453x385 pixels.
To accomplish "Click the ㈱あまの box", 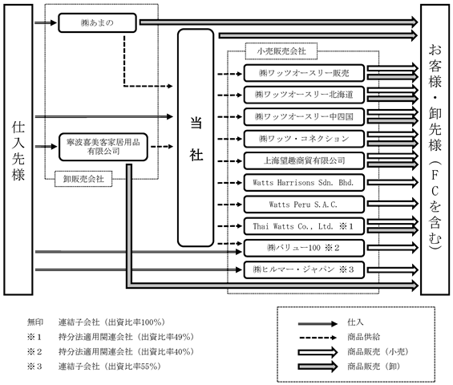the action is [97, 22].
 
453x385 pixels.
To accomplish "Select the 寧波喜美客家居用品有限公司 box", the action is [103, 147].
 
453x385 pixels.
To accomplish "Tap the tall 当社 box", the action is [196, 138].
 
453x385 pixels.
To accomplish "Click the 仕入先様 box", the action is [18, 150].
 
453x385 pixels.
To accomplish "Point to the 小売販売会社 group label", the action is [281, 51].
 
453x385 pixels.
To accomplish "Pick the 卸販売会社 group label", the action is [83, 179].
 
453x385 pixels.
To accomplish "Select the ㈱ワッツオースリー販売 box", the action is [304, 73].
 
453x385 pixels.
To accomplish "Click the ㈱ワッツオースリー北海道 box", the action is [304, 95].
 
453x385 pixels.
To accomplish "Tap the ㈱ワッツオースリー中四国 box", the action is [304, 117].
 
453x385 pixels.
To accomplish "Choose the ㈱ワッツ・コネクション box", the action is [304, 139].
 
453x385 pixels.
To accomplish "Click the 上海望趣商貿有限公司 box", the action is [304, 160].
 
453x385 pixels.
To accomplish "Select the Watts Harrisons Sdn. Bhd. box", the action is [304, 183].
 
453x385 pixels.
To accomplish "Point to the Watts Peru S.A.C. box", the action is [304, 205].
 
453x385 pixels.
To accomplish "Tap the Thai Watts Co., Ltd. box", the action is [304, 226].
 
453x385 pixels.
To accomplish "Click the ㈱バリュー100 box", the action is [304, 248].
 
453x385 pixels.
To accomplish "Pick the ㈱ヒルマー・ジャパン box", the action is [304, 269].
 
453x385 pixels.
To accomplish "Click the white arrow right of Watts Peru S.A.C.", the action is [393, 204].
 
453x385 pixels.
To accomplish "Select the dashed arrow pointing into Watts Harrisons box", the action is [229, 183].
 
